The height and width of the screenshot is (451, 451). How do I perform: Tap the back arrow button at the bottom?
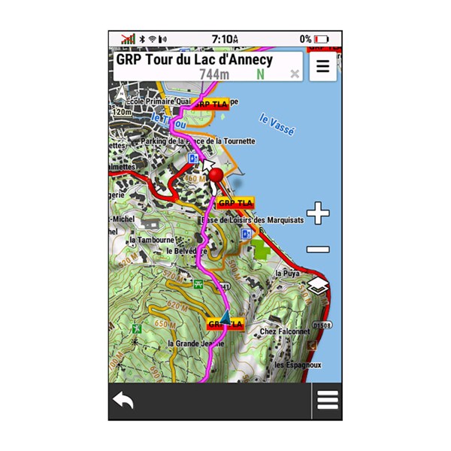point(123,401)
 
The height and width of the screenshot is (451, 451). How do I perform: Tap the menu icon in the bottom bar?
point(328,401)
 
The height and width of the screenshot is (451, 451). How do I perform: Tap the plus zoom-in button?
point(318,214)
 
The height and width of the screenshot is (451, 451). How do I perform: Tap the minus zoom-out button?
point(318,250)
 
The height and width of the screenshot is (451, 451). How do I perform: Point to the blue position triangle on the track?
point(225,318)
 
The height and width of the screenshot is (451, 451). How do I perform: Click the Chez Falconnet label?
point(284,331)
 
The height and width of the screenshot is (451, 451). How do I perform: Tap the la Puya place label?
point(288,273)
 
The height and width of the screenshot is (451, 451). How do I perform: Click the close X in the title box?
point(295,74)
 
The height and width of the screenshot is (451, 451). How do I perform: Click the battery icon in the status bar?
point(322,38)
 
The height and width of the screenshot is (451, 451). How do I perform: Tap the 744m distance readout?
point(214,74)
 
